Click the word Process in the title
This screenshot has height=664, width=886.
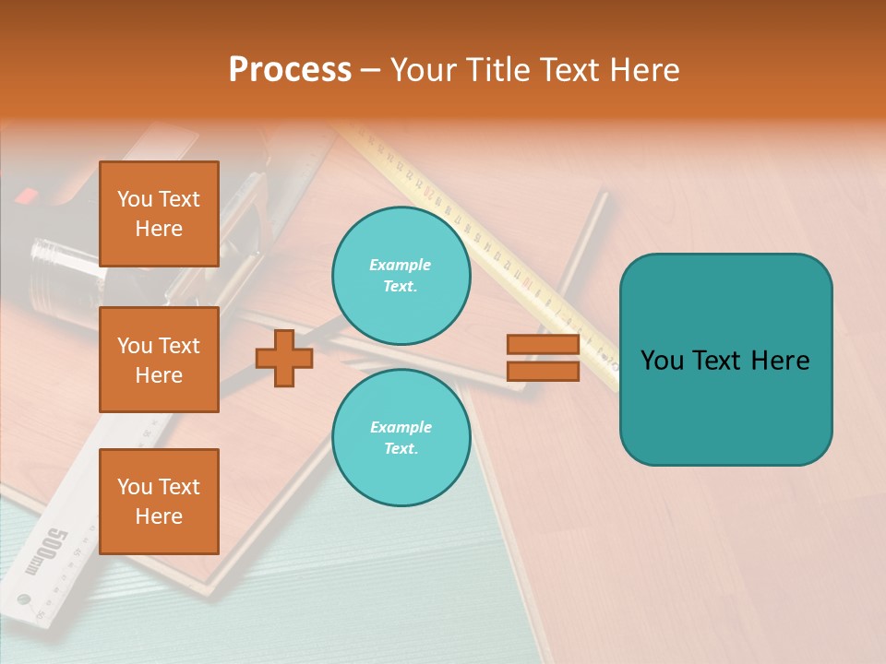coord(290,69)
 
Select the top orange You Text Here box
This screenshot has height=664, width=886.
coord(159,214)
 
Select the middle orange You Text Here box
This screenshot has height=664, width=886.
coord(159,360)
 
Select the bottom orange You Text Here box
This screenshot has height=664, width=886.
coord(159,501)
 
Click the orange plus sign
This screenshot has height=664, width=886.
coord(283,359)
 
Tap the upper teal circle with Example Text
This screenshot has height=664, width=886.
coord(401,275)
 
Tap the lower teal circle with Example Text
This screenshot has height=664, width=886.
coord(401,437)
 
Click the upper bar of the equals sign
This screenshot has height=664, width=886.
coord(543,345)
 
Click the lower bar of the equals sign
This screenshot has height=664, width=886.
coord(543,371)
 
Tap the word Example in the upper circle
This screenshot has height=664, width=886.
coord(401,265)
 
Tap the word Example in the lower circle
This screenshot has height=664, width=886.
coord(401,427)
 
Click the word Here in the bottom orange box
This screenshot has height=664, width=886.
coord(159,516)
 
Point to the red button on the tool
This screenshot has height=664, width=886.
coord(28,196)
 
